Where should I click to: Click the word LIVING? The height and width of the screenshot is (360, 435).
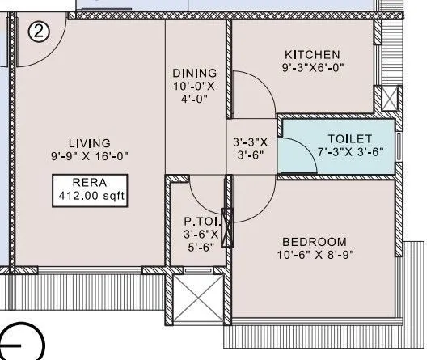(x=89, y=143)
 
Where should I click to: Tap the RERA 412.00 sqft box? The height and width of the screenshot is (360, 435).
(x=92, y=189)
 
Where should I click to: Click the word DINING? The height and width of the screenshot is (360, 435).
(x=193, y=72)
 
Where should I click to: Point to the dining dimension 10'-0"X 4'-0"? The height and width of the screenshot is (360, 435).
(x=194, y=91)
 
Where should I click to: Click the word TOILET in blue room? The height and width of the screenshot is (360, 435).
(x=349, y=138)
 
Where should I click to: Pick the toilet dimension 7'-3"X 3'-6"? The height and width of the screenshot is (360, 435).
(x=349, y=151)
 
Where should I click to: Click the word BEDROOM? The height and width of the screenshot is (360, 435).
(x=314, y=241)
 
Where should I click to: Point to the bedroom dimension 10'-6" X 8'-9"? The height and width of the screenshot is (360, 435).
(x=314, y=255)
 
